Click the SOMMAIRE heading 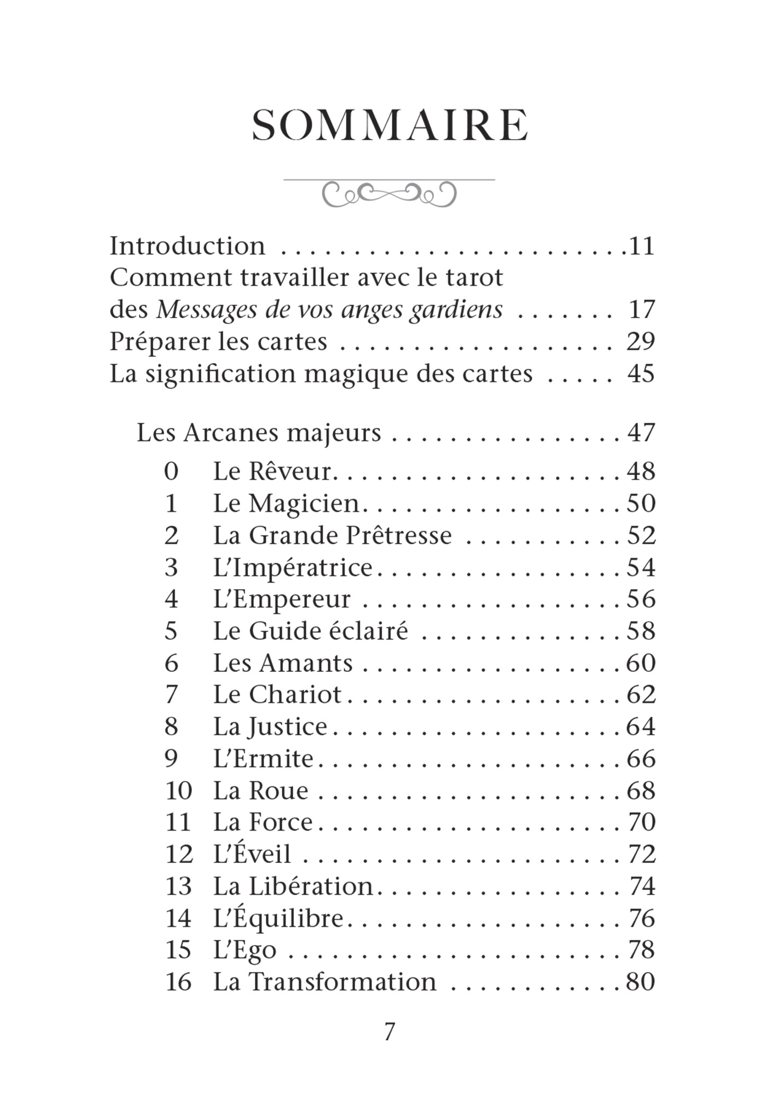tap(390, 125)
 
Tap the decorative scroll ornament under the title tap(389, 193)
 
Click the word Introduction tap(187, 246)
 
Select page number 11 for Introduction tap(641, 246)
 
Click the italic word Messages tap(207, 310)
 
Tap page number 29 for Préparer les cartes tap(641, 342)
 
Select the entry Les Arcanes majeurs tap(258, 433)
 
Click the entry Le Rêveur tap(272, 471)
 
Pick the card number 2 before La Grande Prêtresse tap(171, 536)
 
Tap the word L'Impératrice tap(293, 567)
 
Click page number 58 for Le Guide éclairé tap(641, 631)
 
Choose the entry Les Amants tap(282, 663)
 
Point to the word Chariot tap(295, 695)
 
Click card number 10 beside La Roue tap(178, 791)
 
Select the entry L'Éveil tap(252, 854)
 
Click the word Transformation tap(343, 982)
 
